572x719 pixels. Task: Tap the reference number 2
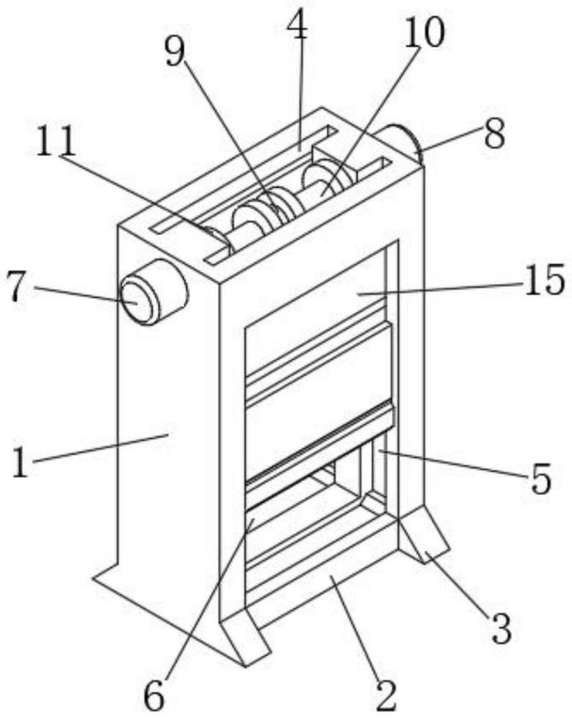(386, 694)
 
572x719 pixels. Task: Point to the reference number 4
(297, 27)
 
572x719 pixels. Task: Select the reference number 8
(494, 134)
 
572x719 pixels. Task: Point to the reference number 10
(424, 32)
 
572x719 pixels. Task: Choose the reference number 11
(56, 143)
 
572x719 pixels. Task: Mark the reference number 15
(544, 281)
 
